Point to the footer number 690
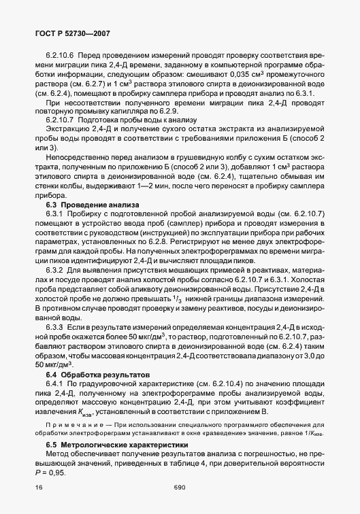pyautogui.click(x=180, y=487)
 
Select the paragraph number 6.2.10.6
pyautogui.click(x=60, y=55)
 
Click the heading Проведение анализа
pyautogui.click(x=101, y=205)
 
